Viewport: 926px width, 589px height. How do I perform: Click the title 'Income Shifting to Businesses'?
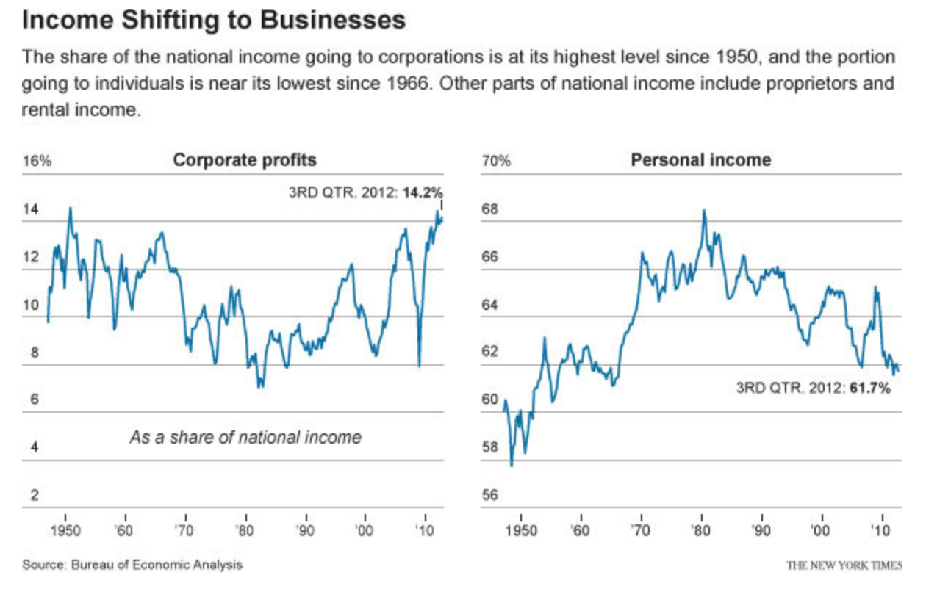click(214, 20)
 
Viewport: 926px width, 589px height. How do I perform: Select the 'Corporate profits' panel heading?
click(245, 159)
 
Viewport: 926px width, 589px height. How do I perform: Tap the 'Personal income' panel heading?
click(701, 159)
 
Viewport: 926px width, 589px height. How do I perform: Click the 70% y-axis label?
click(495, 161)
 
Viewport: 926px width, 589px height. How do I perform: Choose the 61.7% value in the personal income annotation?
click(870, 388)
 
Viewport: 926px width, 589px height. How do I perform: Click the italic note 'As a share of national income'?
click(245, 438)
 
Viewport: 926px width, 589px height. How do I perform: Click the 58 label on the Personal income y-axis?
click(489, 447)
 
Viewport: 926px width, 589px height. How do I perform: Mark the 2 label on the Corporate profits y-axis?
click(34, 495)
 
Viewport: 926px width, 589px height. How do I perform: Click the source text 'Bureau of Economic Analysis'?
click(157, 565)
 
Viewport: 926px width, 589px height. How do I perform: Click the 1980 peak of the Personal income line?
click(703, 210)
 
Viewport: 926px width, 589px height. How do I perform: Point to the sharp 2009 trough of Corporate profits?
click(419, 365)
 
